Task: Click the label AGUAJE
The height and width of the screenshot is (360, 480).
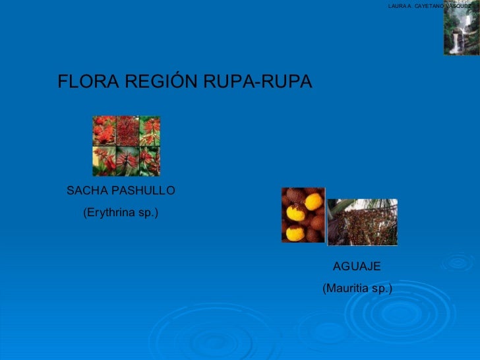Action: [x=357, y=266]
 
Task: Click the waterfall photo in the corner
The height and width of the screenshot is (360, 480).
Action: [x=460, y=29]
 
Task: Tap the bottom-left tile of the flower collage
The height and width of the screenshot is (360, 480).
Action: [x=104, y=161]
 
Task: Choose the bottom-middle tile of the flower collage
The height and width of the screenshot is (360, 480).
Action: [x=127, y=161]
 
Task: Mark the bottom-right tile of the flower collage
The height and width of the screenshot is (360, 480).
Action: [x=149, y=161]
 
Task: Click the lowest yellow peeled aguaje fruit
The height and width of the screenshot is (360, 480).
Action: [x=295, y=232]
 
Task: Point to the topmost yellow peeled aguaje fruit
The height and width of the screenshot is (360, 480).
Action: [x=314, y=200]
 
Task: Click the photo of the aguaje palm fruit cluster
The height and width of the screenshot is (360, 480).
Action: [x=362, y=222]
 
